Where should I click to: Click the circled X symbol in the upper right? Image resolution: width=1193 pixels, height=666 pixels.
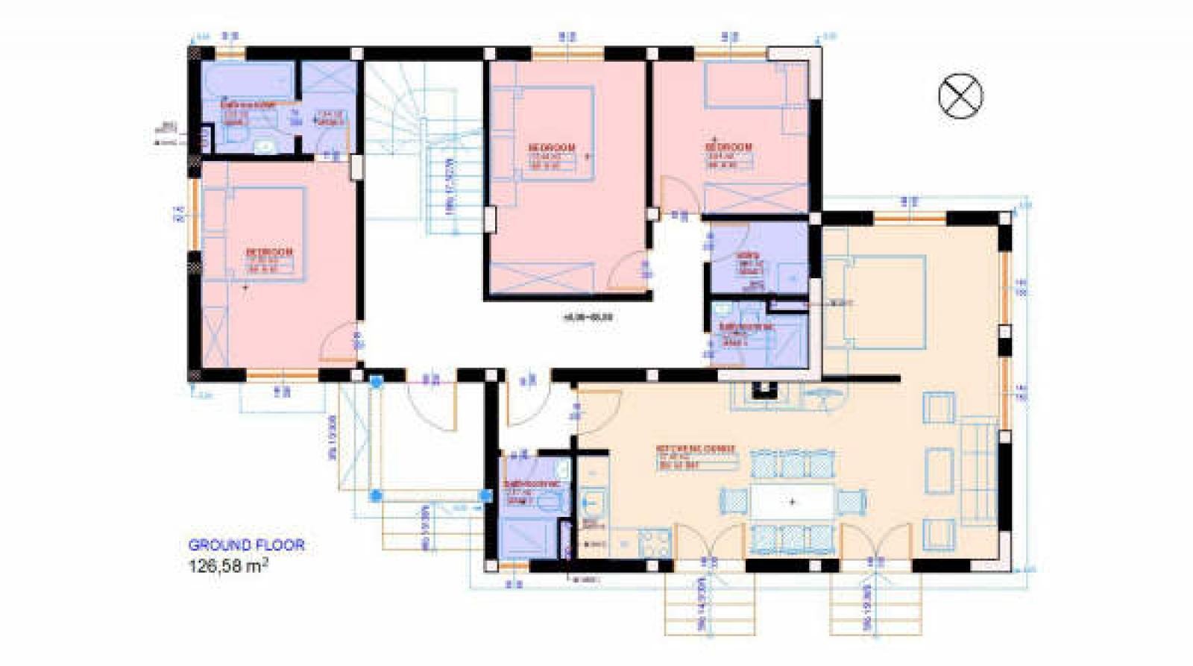tap(960, 96)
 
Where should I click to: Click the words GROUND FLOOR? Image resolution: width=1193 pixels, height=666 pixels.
tap(246, 545)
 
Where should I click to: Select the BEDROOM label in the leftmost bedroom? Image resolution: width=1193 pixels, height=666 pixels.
tap(269, 252)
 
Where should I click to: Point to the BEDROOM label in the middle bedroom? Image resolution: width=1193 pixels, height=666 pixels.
tap(553, 148)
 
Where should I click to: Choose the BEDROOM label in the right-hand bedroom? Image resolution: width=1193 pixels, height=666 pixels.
tap(728, 147)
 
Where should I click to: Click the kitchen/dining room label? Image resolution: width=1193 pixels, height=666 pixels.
tap(696, 449)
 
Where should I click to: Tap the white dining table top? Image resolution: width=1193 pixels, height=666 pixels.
tap(792, 502)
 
